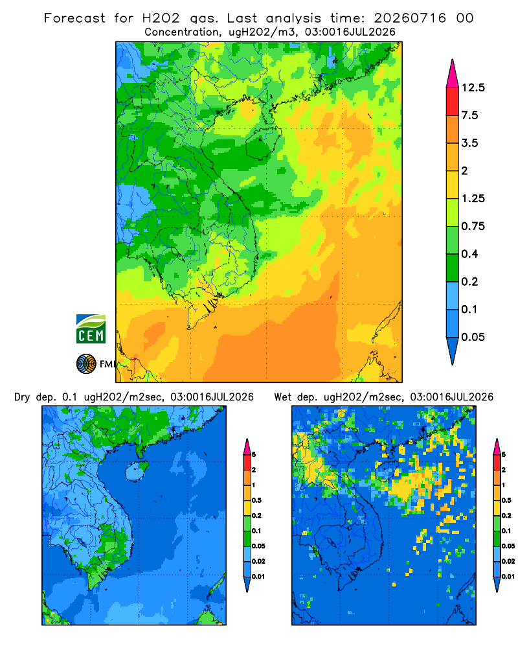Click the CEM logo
(x=91, y=329)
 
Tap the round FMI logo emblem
(x=86, y=364)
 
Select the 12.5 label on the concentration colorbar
(x=473, y=87)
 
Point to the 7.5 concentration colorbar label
(x=470, y=115)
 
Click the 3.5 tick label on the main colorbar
(x=470, y=143)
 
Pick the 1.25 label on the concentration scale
(x=473, y=198)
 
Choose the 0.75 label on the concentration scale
(x=473, y=226)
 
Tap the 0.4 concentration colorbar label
(x=470, y=254)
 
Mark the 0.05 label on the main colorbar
(x=473, y=337)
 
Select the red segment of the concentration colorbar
(x=453, y=102)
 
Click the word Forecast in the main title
(x=74, y=18)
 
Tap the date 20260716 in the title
(x=410, y=18)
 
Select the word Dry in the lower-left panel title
(x=22, y=397)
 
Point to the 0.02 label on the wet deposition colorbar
(x=508, y=561)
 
